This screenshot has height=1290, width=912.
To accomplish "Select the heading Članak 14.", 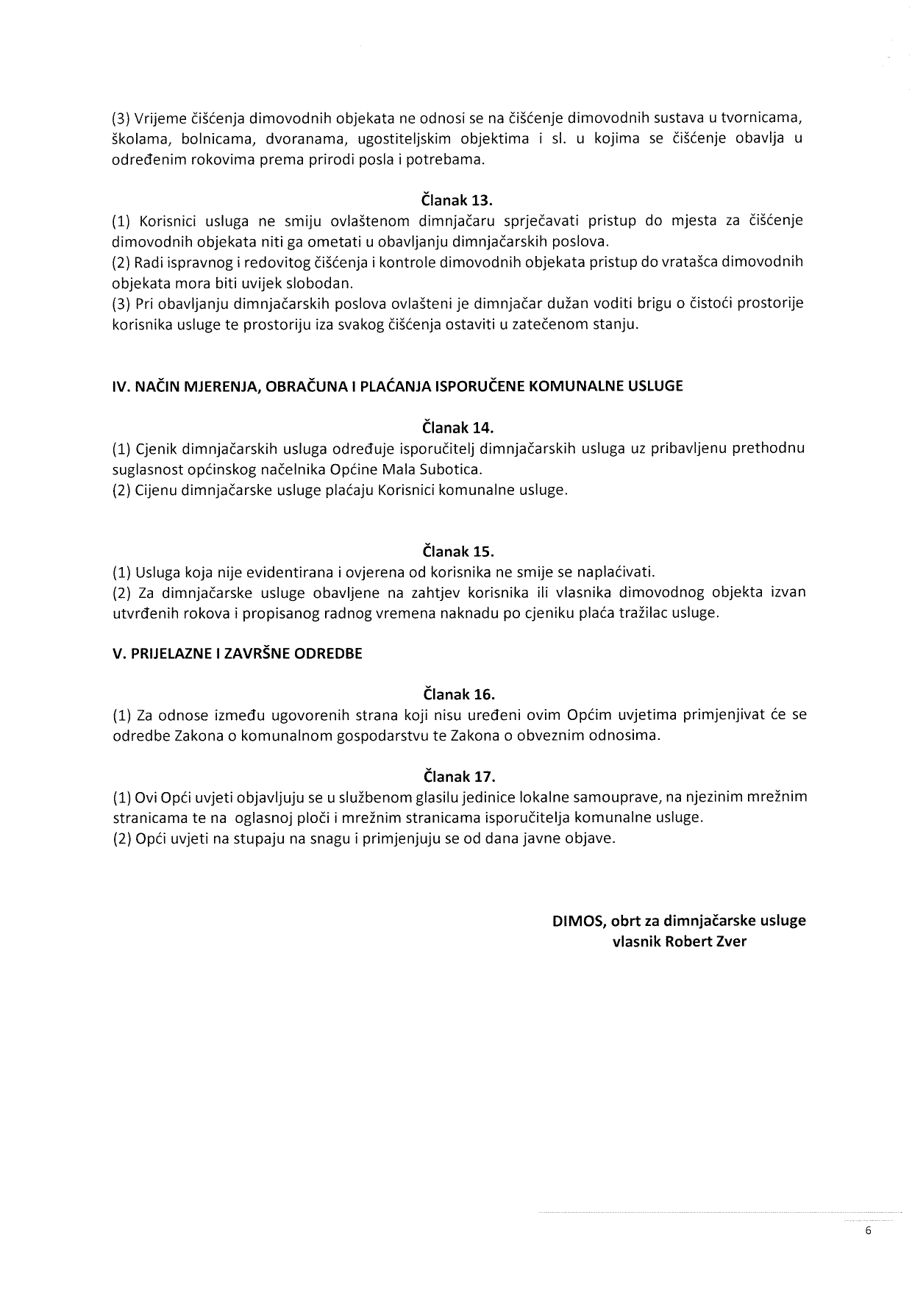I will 457,427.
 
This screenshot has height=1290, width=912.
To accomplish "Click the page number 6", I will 869,1232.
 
